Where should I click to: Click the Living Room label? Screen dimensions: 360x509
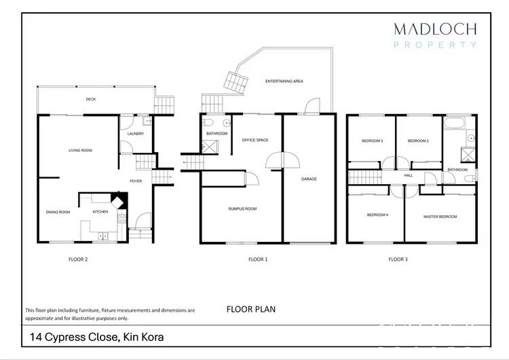click(x=80, y=150)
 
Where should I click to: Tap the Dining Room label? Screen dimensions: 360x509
click(x=58, y=212)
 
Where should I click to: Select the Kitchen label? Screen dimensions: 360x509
click(x=100, y=212)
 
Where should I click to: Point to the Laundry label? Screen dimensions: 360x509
click(x=136, y=134)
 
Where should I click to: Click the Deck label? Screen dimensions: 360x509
click(x=90, y=100)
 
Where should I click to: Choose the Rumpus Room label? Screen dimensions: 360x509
click(x=241, y=209)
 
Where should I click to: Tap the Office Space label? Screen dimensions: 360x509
click(x=255, y=140)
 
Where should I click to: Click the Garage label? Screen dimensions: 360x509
click(x=309, y=179)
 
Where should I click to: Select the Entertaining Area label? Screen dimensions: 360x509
click(x=284, y=81)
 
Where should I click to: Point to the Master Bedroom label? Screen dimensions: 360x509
click(x=440, y=217)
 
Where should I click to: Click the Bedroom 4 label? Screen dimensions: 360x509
click(x=377, y=215)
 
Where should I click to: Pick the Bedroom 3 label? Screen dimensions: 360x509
click(x=373, y=141)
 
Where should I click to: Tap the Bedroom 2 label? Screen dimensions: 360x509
click(x=418, y=141)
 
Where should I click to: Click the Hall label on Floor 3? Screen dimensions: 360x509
click(x=409, y=175)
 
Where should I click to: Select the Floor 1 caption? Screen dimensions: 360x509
click(x=258, y=259)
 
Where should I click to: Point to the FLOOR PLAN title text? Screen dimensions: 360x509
click(x=250, y=309)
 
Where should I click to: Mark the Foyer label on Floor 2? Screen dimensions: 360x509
click(x=136, y=181)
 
